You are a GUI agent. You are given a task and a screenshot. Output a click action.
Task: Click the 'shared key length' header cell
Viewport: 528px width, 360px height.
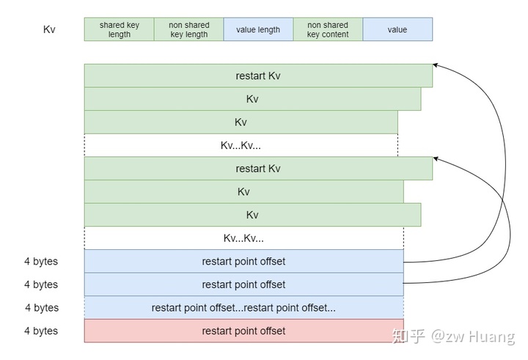(x=119, y=29)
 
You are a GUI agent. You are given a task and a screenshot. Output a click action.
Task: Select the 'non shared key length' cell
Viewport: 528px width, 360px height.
(x=188, y=29)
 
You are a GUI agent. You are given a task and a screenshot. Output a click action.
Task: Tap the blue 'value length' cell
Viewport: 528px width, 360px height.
(x=258, y=29)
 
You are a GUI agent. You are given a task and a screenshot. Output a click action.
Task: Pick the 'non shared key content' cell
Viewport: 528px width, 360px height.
(x=328, y=29)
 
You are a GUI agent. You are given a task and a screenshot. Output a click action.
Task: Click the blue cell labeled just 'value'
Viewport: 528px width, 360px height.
(x=397, y=29)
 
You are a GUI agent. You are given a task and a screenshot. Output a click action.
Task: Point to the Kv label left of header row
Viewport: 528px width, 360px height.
(x=49, y=30)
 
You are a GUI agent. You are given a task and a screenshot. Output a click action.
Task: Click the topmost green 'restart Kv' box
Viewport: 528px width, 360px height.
(x=258, y=76)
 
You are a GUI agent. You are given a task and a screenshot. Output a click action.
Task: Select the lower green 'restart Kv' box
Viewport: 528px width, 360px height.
(x=258, y=169)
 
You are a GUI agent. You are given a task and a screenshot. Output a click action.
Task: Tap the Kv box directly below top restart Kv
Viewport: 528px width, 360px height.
(x=252, y=99)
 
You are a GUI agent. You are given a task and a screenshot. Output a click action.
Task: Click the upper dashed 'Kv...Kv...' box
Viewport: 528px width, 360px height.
(x=241, y=145)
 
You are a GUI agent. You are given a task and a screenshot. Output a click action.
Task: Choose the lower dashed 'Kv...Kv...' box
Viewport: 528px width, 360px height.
(x=243, y=238)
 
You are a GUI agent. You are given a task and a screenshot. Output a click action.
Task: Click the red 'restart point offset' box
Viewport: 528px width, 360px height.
(x=243, y=331)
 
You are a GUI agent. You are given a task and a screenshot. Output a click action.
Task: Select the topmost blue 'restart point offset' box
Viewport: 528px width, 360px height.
(x=243, y=261)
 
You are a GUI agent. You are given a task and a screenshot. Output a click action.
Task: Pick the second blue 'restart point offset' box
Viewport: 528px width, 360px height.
(x=243, y=284)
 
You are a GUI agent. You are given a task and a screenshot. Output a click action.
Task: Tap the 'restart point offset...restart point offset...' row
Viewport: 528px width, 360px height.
(x=243, y=308)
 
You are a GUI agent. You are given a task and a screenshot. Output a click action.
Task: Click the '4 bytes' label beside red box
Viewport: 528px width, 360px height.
(x=41, y=331)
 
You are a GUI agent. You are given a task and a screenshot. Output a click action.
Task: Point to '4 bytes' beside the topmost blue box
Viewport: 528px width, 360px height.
(x=41, y=262)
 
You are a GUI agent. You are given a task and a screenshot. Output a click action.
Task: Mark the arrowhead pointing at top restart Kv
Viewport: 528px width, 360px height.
(x=436, y=66)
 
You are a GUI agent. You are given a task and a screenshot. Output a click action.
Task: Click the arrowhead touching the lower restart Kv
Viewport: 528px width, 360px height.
(x=436, y=157)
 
